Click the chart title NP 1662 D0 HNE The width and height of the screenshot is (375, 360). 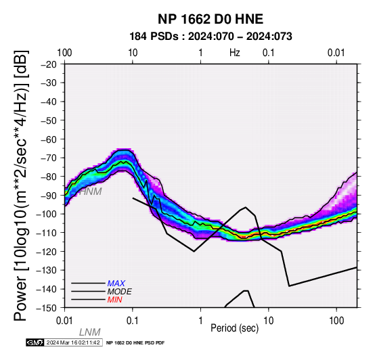[x=211, y=19]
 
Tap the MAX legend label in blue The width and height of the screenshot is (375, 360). [x=116, y=284]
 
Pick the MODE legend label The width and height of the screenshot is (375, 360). [x=120, y=292]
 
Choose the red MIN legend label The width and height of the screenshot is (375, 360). [x=115, y=300]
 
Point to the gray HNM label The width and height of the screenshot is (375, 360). [x=91, y=192]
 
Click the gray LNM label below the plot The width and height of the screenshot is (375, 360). [x=89, y=332]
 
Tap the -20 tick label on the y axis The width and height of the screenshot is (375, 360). [x=49, y=64]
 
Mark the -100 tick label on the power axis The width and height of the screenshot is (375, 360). [x=47, y=214]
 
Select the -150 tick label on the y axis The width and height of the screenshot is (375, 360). [x=47, y=308]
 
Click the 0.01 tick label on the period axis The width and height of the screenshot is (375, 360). [x=64, y=321]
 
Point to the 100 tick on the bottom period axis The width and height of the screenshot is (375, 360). [x=336, y=321]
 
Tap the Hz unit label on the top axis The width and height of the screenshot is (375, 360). [x=235, y=53]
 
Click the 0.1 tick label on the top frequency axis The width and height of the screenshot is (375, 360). [x=268, y=53]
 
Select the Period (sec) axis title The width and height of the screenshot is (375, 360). [x=235, y=328]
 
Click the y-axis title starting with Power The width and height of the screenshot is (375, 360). [x=21, y=185]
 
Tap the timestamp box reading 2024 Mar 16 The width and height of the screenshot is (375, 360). [x=73, y=342]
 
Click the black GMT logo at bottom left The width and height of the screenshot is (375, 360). [x=35, y=342]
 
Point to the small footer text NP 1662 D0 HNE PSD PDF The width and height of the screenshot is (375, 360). [x=135, y=343]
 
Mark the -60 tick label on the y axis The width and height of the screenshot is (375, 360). [x=49, y=139]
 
